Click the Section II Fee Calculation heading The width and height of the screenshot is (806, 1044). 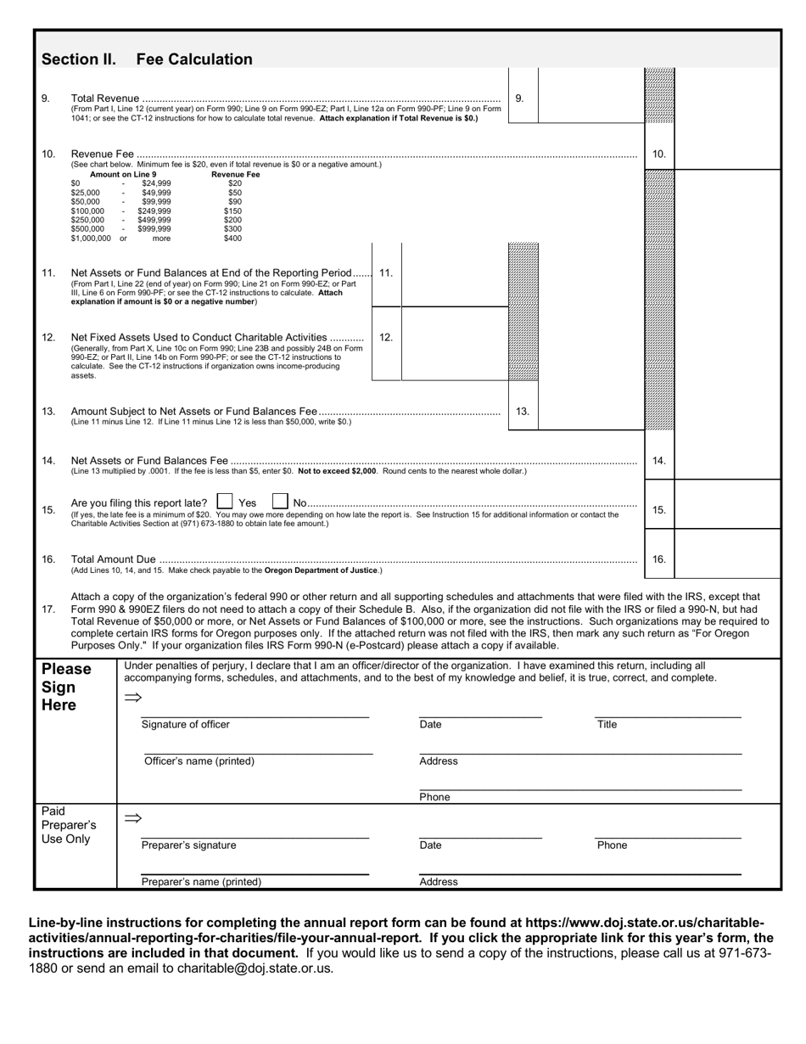(147, 59)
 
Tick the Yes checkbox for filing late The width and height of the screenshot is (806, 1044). (225, 502)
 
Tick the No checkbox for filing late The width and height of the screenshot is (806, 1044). (280, 502)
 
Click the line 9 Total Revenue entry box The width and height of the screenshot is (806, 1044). (591, 98)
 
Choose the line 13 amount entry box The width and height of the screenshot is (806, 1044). (591, 412)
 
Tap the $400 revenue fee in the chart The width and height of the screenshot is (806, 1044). (232, 239)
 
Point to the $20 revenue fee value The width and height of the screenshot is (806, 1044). (235, 182)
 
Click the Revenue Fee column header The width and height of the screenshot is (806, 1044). (235, 174)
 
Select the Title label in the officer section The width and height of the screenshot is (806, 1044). (607, 725)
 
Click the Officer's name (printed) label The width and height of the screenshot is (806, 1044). (199, 761)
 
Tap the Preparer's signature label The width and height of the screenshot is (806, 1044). (188, 845)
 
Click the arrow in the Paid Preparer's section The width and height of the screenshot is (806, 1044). (132, 818)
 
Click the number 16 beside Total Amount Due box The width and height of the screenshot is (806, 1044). (659, 559)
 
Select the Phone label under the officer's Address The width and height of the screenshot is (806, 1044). (434, 797)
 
